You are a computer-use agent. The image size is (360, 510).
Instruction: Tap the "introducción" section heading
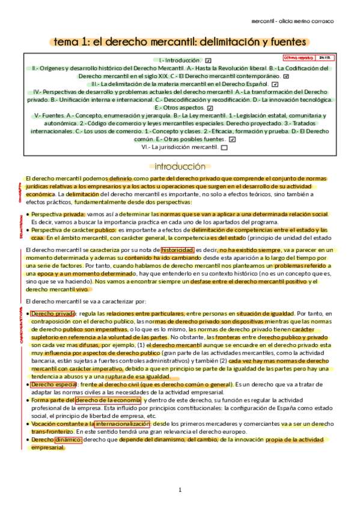180,167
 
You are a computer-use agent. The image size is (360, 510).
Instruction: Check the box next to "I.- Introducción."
208,61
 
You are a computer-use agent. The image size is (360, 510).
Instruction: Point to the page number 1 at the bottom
180,490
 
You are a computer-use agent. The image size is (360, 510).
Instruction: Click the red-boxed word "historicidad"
177,248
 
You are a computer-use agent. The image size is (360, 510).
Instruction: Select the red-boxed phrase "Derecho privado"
52,313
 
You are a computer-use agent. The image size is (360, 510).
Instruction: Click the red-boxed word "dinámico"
67,440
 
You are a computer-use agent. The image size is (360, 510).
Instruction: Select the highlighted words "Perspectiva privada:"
58,214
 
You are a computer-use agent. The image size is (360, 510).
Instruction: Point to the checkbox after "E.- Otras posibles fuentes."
232,139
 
